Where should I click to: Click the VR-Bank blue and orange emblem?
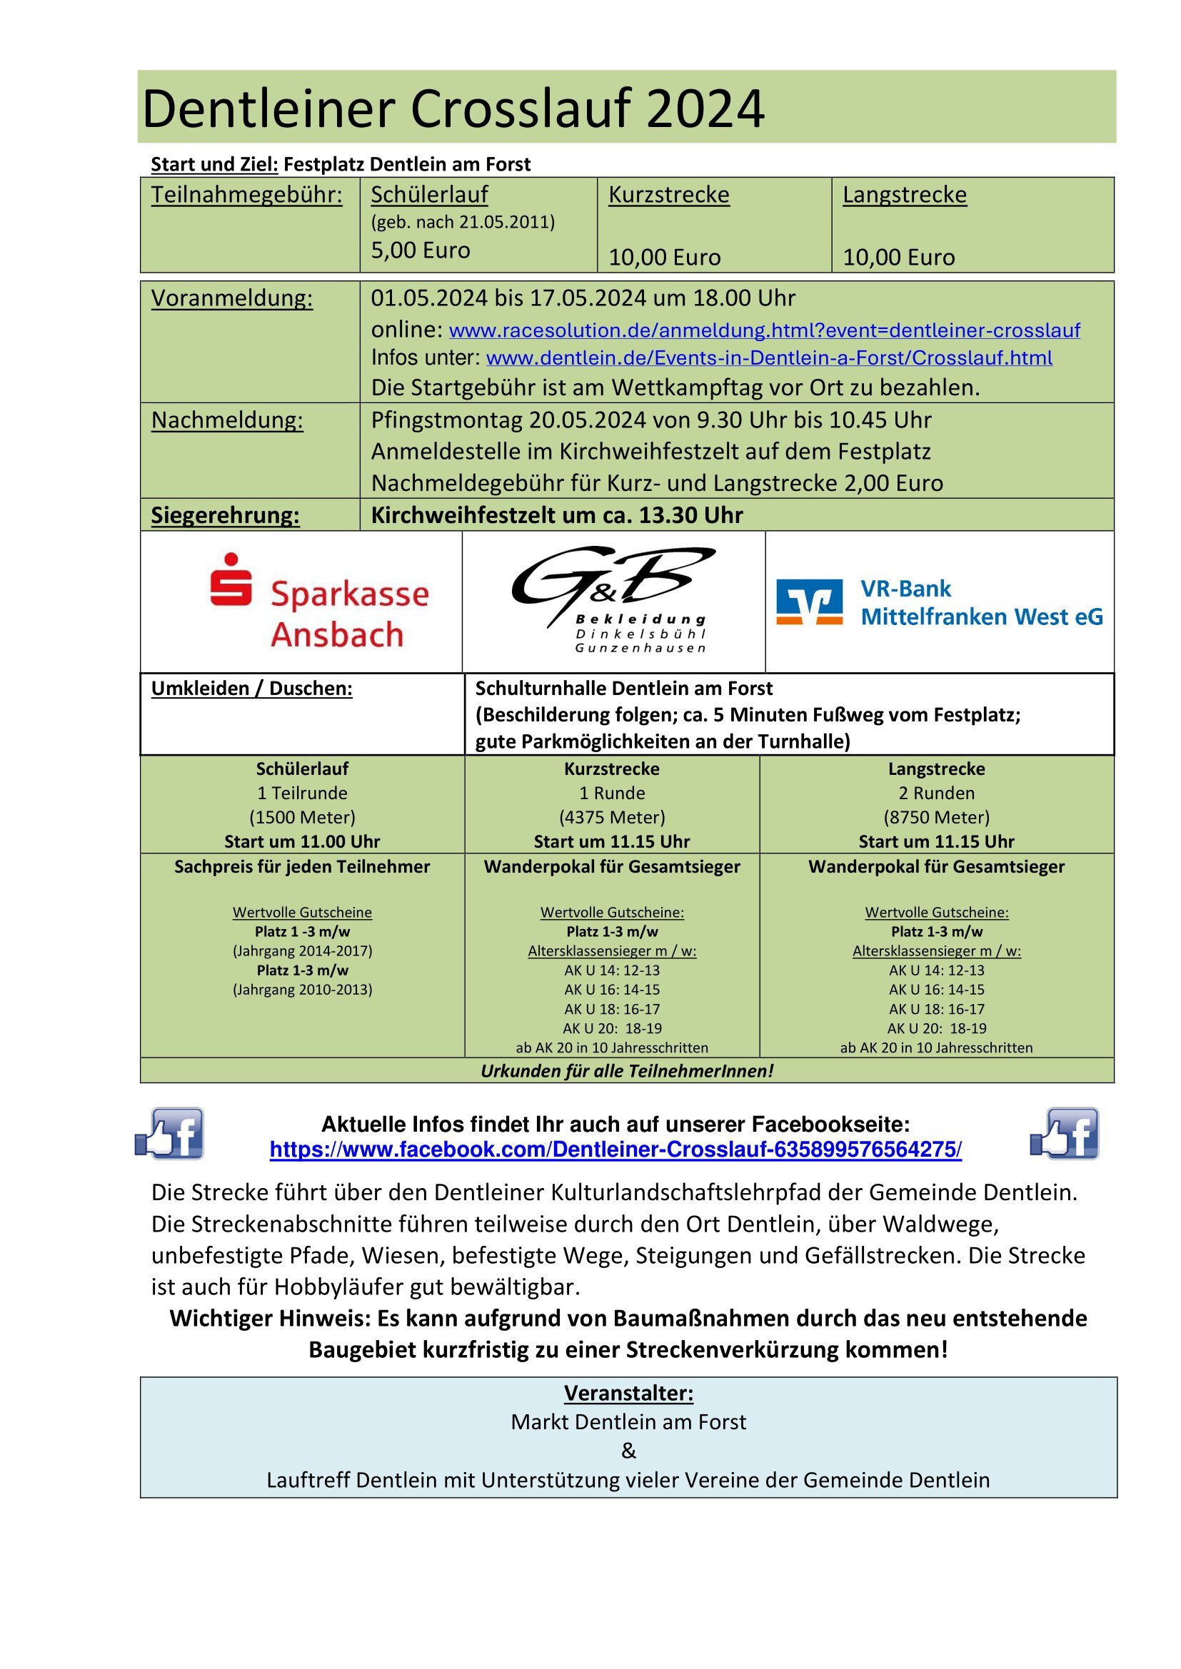tap(810, 602)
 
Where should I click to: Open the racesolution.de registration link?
tap(764, 331)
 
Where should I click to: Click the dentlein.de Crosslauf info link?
tap(769, 357)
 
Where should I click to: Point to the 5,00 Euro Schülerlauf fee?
tap(421, 250)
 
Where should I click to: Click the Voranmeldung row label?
tap(232, 298)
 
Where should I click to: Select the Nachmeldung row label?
tap(227, 420)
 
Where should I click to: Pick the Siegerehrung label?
tap(226, 515)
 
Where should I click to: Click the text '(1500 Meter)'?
tap(302, 817)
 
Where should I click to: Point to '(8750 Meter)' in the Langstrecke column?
tap(936, 817)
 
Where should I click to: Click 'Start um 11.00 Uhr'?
tap(302, 841)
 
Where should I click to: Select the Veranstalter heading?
tap(628, 1393)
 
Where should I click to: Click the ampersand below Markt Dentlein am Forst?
tap(628, 1451)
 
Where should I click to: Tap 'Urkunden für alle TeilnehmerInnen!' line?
tap(627, 1071)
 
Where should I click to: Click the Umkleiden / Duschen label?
tap(251, 689)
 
